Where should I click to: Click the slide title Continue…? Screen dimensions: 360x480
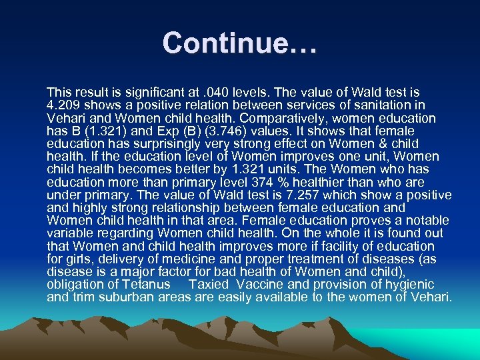tap(240, 43)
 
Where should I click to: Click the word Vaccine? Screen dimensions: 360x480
tap(259, 284)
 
